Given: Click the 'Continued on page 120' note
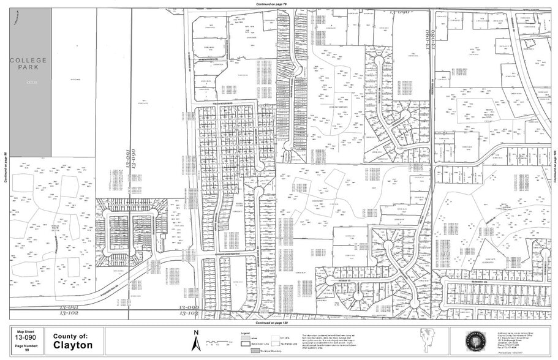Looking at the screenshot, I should (272, 322).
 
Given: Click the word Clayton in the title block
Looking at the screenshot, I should (73, 345).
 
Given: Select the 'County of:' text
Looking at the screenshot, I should (70, 336).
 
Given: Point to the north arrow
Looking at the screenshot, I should (196, 340).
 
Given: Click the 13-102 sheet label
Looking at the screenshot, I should (69, 313).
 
